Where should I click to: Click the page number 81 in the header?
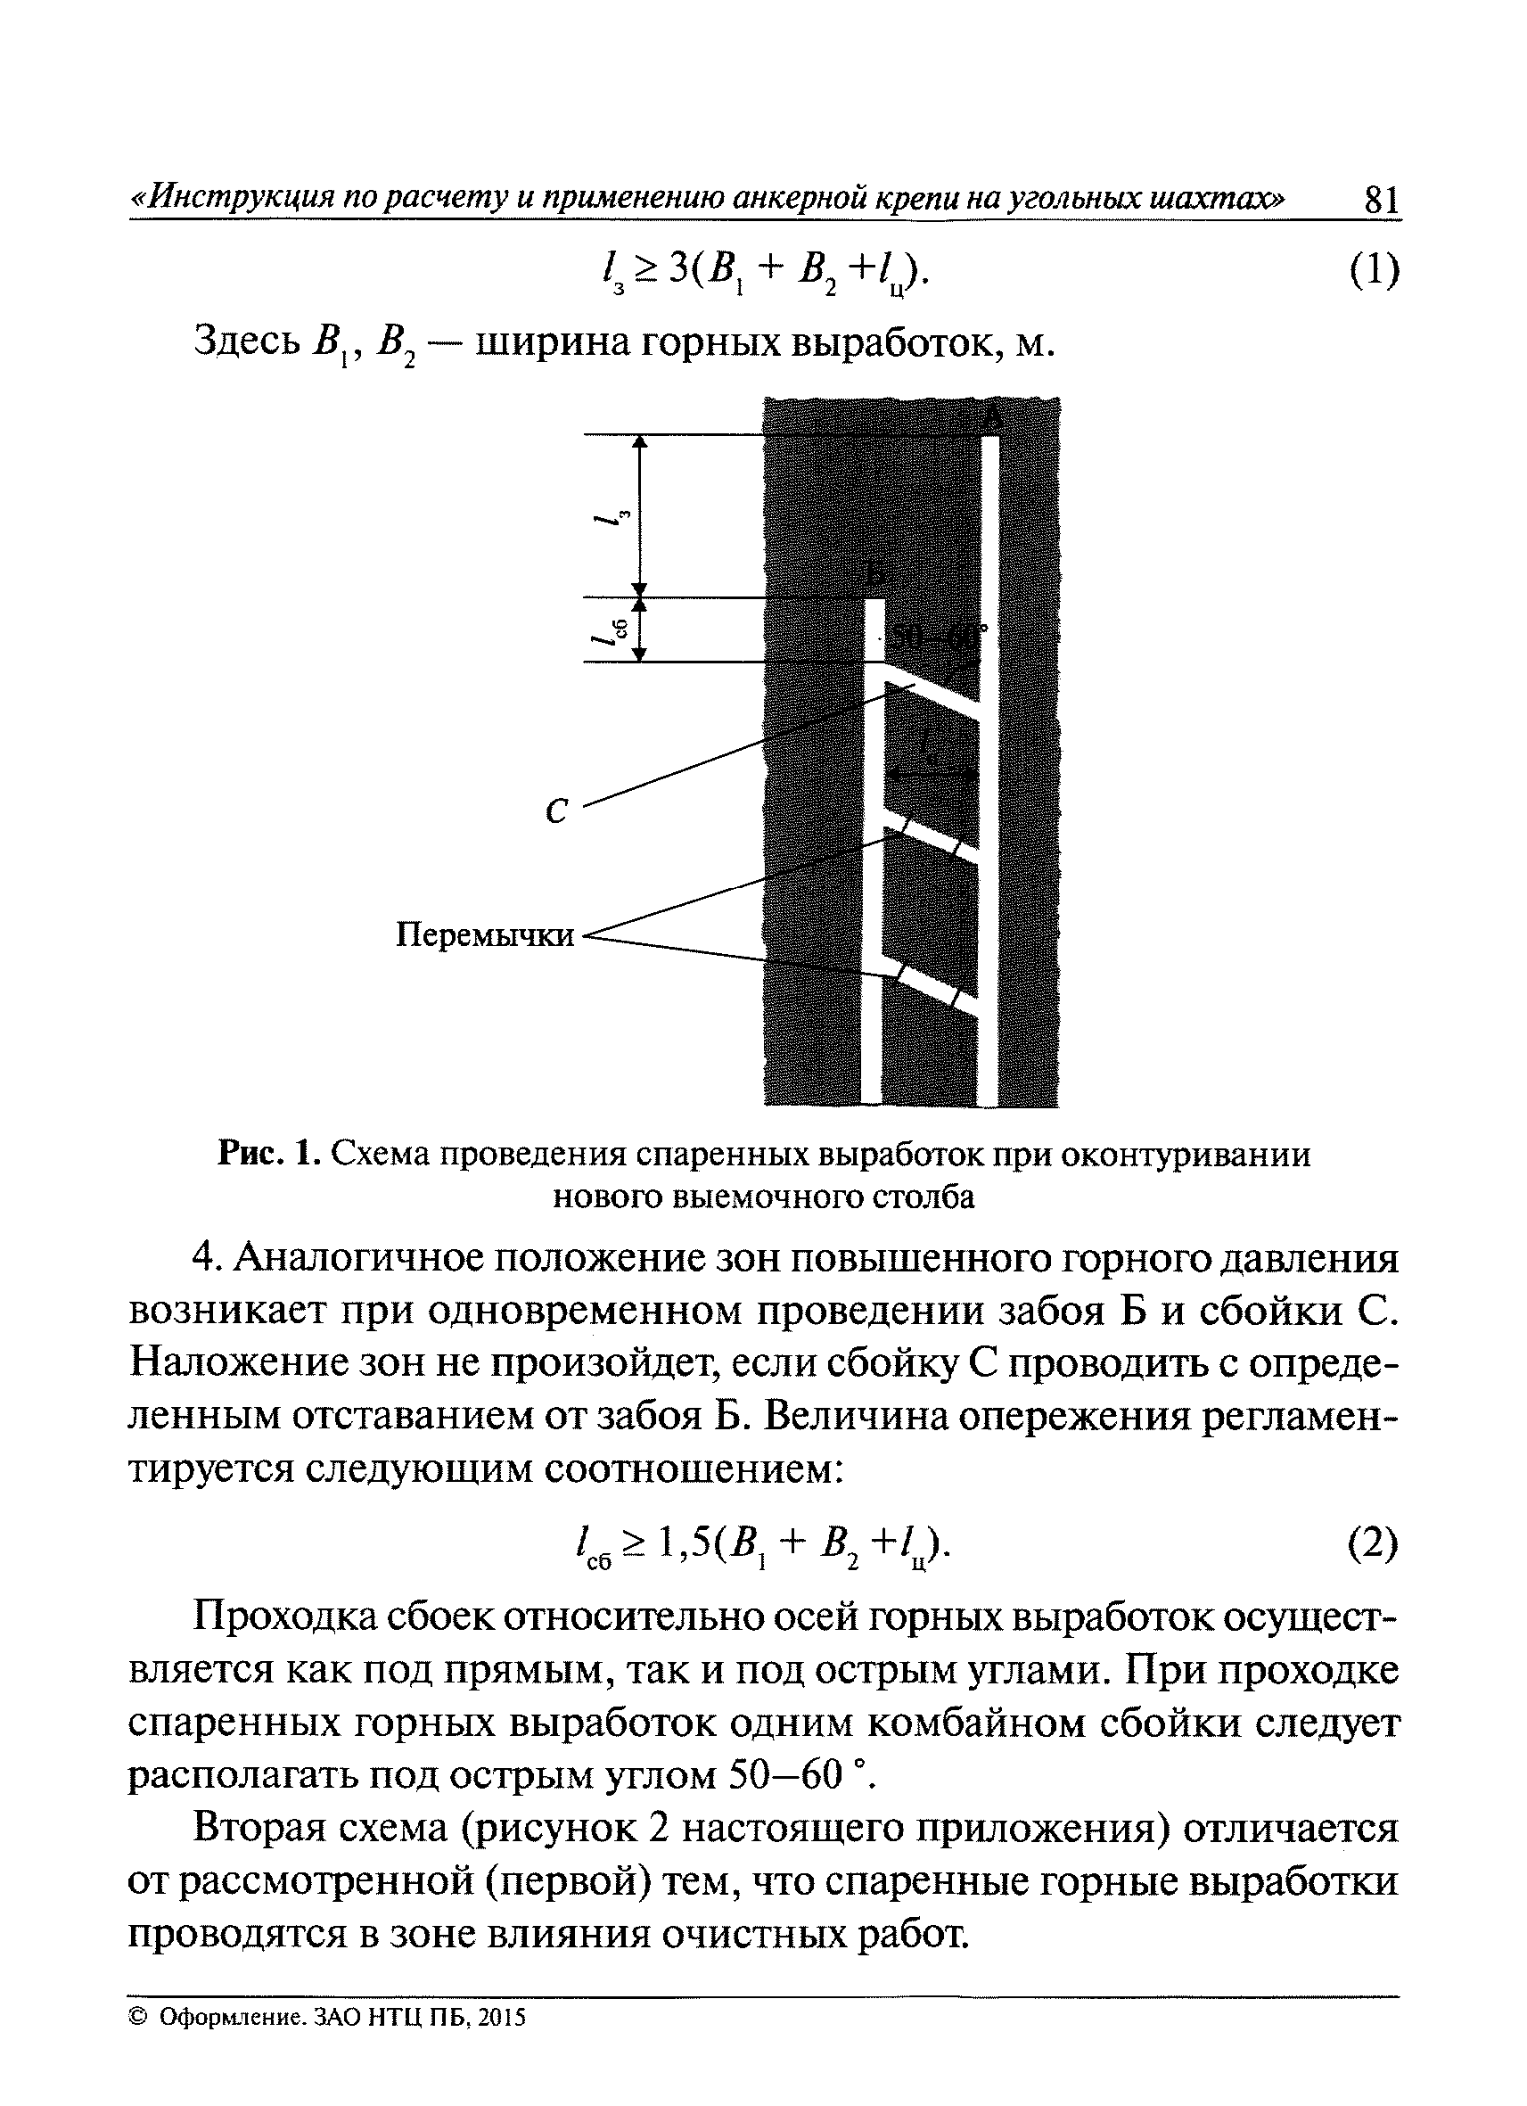click(1380, 200)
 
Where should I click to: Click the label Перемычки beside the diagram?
click(486, 934)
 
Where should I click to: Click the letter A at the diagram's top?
click(991, 420)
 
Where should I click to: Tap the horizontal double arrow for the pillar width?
click(931, 772)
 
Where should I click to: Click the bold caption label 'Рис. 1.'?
click(270, 1156)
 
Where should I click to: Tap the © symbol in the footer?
click(139, 2018)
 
